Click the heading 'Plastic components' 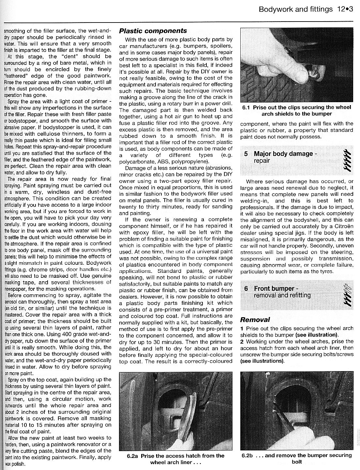[x=153, y=31]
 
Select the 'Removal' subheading [x=255, y=320]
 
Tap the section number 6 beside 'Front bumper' [x=247, y=289]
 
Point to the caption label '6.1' [x=247, y=107]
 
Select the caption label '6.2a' [x=132, y=456]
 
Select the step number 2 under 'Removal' [x=242, y=341]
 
